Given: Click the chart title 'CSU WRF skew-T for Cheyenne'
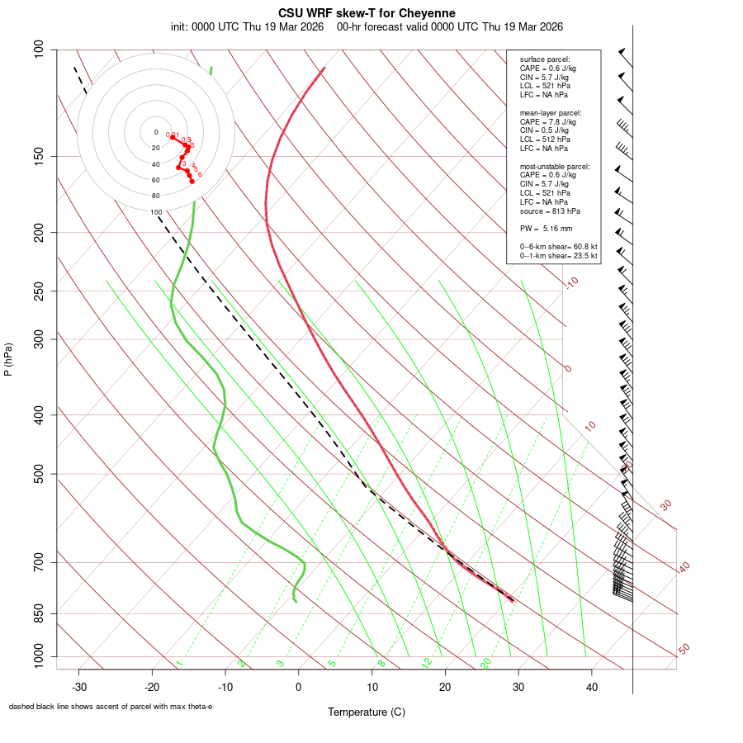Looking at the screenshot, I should [x=367, y=13].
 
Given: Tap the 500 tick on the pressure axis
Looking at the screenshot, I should [x=39, y=474].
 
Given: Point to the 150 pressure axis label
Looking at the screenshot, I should [x=39, y=156].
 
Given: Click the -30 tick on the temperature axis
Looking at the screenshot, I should [x=79, y=687].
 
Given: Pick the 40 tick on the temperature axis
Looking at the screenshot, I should [x=591, y=687].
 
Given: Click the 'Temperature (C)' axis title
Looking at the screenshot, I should [x=367, y=712].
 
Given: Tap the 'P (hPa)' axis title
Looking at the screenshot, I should [x=8, y=360].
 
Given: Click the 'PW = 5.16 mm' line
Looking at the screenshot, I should [x=546, y=228].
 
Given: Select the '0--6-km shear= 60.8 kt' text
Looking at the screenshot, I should [x=558, y=247].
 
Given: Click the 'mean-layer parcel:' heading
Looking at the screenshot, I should [x=551, y=112].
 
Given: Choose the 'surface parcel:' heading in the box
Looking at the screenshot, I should [x=544, y=59].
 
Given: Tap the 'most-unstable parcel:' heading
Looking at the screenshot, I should [x=555, y=166].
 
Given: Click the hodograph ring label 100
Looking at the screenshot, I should [x=156, y=212].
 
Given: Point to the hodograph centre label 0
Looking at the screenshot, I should [x=156, y=132].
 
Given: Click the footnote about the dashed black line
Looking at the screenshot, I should [x=111, y=707].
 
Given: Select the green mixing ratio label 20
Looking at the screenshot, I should [x=485, y=663].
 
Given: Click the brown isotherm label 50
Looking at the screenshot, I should [x=684, y=650].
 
